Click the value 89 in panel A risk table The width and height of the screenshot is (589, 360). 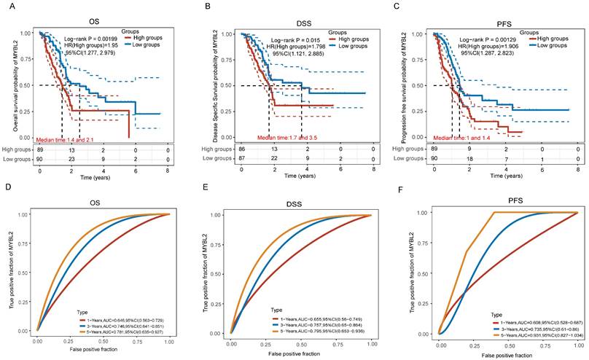click(x=40, y=149)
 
